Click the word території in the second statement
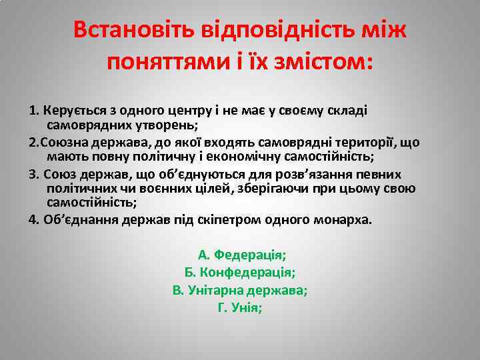point(375,143)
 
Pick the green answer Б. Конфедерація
point(240,272)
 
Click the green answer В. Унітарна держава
point(240,290)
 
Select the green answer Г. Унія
point(240,307)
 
